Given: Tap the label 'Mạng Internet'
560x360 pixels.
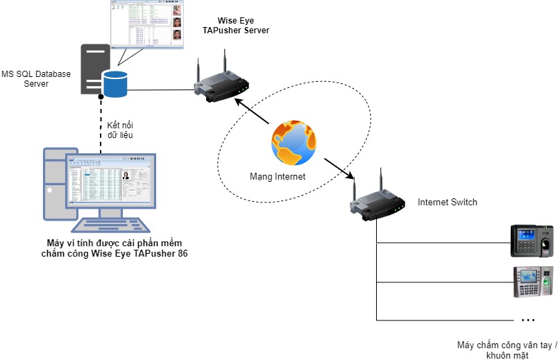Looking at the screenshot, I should tap(278, 177).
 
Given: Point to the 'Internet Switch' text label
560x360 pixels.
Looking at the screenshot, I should tap(447, 203).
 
